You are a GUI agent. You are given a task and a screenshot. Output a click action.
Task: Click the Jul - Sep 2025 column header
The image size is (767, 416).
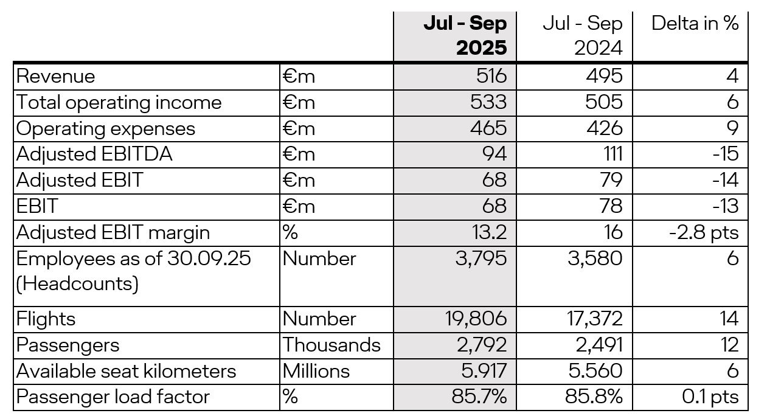(x=465, y=36)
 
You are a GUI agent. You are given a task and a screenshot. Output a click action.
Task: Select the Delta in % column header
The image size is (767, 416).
(x=695, y=24)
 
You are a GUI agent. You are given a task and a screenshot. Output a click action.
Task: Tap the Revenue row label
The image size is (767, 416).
(x=56, y=76)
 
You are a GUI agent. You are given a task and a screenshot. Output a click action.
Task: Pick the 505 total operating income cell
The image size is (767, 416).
(x=605, y=102)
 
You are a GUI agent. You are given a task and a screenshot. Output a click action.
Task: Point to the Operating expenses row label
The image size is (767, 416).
(x=106, y=128)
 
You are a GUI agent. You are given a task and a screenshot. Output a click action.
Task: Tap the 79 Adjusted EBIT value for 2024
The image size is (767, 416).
(x=609, y=180)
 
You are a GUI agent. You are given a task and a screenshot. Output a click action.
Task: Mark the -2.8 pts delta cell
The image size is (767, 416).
(x=705, y=232)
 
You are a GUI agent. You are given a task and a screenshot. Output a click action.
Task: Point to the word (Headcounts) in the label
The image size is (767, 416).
(x=77, y=284)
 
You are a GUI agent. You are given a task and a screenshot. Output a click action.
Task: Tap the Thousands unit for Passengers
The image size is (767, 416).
(x=331, y=345)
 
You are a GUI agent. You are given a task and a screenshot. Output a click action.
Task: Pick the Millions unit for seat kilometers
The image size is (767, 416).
(x=316, y=371)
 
